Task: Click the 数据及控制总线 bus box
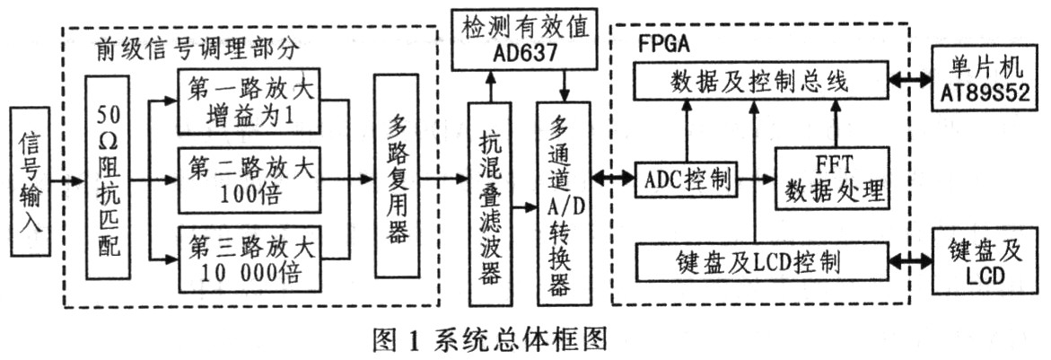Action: (759, 83)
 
